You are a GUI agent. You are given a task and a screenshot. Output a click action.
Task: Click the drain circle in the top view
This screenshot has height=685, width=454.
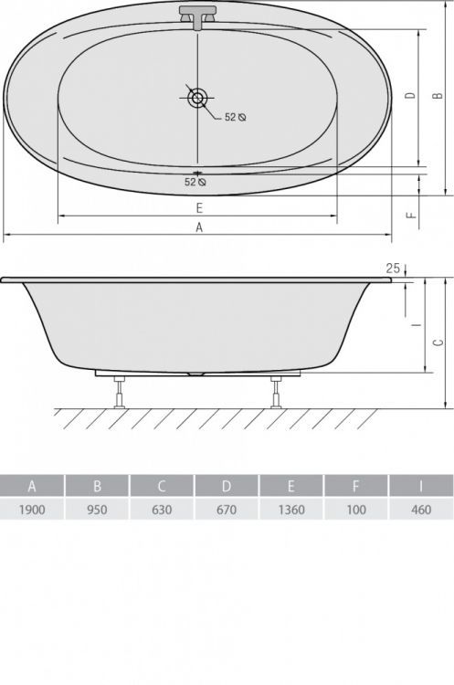(x=196, y=98)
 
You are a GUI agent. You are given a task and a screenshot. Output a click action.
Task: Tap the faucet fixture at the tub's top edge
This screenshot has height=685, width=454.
(x=197, y=17)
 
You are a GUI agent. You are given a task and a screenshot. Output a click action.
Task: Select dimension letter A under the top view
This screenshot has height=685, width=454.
(x=199, y=227)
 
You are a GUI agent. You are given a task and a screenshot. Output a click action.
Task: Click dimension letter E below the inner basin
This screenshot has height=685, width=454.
(x=199, y=208)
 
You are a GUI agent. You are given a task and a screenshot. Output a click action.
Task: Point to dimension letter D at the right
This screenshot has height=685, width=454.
(x=410, y=95)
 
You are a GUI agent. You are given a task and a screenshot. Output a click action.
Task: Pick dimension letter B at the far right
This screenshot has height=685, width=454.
(x=438, y=95)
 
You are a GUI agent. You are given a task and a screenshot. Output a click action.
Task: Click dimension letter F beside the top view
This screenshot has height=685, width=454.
(x=410, y=216)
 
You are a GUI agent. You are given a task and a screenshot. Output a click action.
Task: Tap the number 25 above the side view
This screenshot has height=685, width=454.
(x=393, y=269)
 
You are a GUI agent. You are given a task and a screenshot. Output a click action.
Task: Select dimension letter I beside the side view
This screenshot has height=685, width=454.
(x=417, y=324)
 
